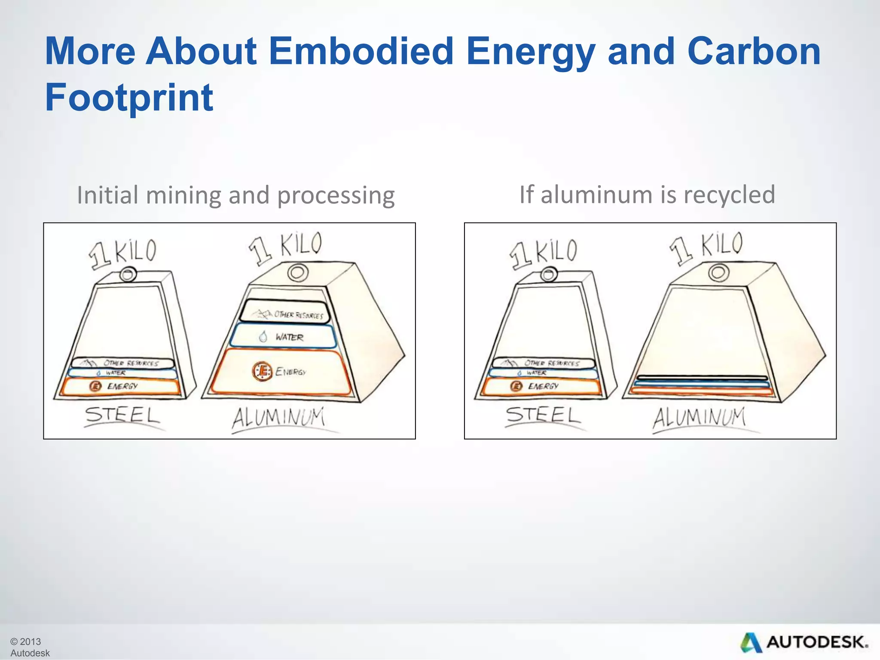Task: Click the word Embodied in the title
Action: coord(361,51)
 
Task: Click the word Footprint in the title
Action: coord(129,98)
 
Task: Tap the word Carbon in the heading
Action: coord(754,51)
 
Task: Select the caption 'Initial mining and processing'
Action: coord(235,195)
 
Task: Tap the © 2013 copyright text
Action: coord(26,642)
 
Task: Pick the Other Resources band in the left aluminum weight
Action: coord(284,312)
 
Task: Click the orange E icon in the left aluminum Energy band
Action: coord(262,371)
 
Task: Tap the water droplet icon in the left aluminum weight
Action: coord(263,337)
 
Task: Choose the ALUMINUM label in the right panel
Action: coord(699,418)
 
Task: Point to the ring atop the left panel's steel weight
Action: coord(128,274)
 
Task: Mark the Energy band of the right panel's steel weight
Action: coord(541,386)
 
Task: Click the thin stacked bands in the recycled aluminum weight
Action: coord(701,385)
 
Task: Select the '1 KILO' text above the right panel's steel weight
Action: coord(544,254)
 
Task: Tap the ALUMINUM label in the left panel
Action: coord(278,418)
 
